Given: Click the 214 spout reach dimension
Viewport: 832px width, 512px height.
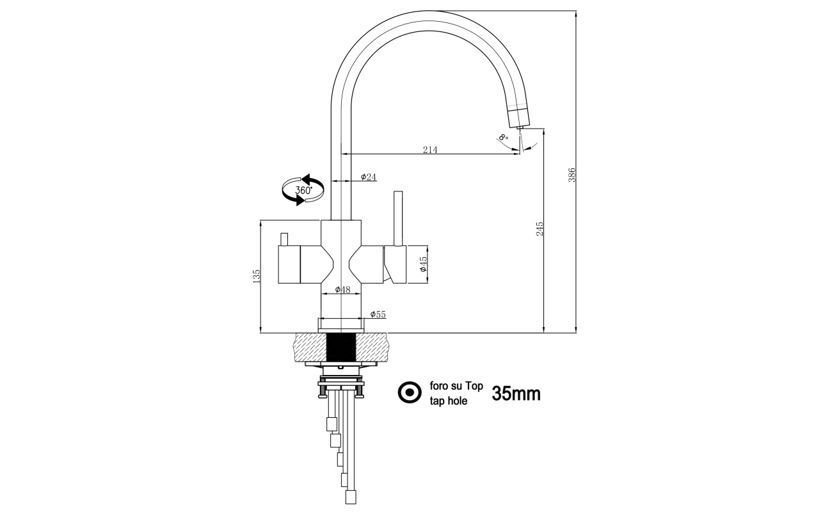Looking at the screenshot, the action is click(430, 149).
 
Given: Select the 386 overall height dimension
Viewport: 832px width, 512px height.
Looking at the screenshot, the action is click(572, 175).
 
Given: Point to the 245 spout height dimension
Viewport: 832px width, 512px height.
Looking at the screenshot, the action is click(540, 228).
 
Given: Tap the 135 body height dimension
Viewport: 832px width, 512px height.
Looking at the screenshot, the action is click(256, 276).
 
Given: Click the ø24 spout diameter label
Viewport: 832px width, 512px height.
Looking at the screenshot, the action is click(369, 177).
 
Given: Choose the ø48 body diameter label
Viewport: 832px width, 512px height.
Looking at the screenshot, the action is click(342, 289).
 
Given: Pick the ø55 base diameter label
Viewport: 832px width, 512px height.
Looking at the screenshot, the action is click(378, 314).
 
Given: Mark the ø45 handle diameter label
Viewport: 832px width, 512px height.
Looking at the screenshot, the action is click(424, 264).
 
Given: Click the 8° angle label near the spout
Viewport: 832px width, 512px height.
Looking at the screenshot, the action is click(504, 138).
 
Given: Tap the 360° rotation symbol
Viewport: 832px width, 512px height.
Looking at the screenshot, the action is click(303, 190).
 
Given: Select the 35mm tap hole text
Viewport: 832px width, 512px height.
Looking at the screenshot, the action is click(516, 394).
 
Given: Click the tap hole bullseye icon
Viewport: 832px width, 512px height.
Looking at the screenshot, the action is click(410, 392).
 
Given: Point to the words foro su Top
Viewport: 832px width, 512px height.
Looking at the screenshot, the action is click(456, 386).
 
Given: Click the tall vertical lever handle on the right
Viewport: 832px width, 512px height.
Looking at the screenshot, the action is click(398, 218).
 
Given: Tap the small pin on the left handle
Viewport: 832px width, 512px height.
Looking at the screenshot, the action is click(284, 239).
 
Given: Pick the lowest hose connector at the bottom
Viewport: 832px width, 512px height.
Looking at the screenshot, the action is click(351, 497).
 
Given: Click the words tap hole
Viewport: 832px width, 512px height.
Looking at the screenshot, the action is click(448, 401).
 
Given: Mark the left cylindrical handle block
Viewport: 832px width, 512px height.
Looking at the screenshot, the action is click(289, 264).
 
